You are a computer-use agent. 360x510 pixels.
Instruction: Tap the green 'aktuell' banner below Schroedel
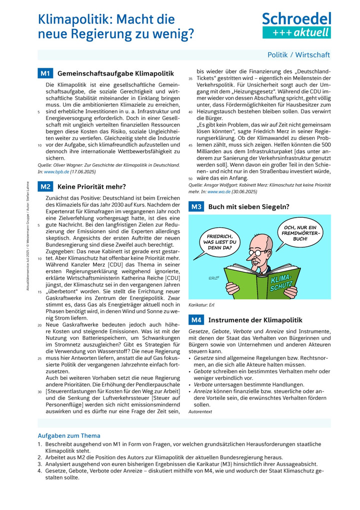[296, 33]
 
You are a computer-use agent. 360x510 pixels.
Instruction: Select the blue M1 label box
[45, 74]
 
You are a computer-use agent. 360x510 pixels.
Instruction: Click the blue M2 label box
[45, 187]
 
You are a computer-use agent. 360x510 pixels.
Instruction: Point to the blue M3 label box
[196, 206]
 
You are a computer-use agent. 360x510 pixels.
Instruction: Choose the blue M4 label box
[196, 319]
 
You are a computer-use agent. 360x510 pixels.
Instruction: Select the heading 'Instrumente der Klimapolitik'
[255, 319]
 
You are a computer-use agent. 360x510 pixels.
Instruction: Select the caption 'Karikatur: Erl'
[201, 304]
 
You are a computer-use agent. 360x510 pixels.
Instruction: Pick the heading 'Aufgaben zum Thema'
[69, 435]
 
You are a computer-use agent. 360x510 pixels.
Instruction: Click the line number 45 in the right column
[190, 145]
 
